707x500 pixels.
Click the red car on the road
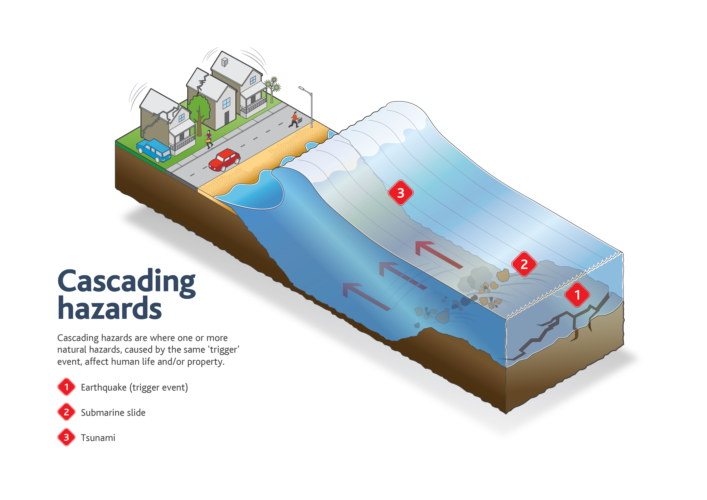225,160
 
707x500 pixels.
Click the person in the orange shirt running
294,120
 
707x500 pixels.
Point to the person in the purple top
209,139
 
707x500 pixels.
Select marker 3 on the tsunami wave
400,193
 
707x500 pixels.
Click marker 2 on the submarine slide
524,264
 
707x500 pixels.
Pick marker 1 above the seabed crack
577,295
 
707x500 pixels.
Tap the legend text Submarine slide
113,412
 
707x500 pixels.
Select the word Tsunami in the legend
98,438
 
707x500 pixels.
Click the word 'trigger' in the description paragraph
224,350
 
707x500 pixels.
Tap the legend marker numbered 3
66,437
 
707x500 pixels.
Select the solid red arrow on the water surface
439,254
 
